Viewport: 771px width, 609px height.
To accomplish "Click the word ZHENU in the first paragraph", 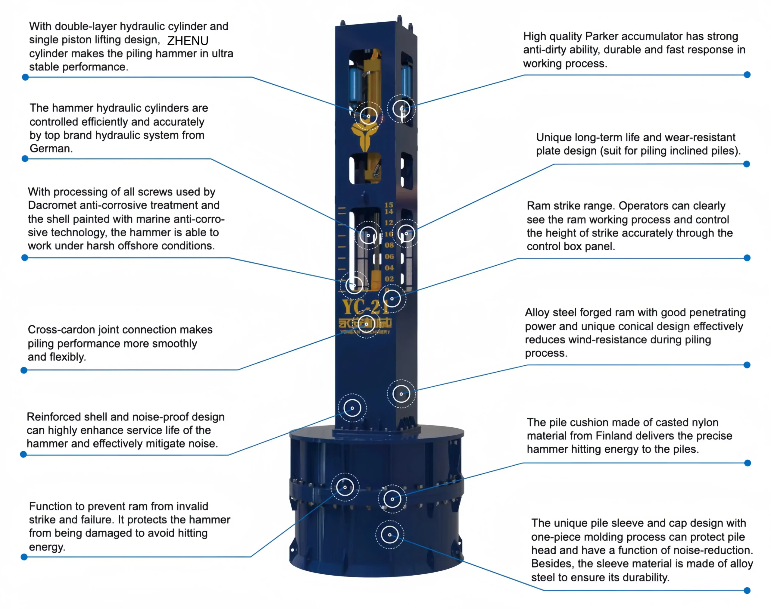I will point(188,41).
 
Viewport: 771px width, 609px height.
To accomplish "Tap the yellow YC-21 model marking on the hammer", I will point(364,307).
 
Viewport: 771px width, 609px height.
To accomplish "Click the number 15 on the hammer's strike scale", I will point(389,205).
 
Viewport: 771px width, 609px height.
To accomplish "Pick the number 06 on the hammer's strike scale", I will point(389,256).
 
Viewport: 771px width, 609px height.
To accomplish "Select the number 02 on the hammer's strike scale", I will point(389,279).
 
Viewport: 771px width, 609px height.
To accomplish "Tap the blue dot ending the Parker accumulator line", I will point(747,75).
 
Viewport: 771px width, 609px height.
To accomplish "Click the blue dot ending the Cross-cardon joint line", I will point(24,370).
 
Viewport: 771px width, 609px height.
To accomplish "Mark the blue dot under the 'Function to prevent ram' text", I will point(24,557).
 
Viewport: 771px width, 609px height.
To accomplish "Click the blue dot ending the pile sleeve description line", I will point(747,590).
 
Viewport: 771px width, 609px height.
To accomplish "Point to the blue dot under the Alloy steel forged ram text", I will point(747,365).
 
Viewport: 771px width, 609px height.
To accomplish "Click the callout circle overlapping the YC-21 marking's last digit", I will point(392,299).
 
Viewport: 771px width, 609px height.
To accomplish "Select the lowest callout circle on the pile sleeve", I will point(390,535).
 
